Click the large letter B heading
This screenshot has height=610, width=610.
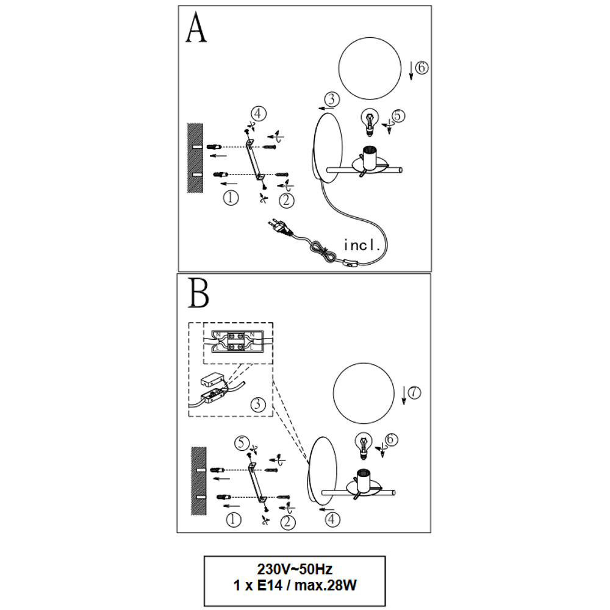click(x=198, y=293)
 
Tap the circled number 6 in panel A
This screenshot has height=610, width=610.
click(x=422, y=68)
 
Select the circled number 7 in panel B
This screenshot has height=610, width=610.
click(x=414, y=392)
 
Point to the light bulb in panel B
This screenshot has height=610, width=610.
click(x=364, y=446)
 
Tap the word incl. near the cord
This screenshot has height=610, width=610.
click(x=361, y=245)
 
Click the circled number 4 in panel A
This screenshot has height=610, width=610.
click(x=258, y=114)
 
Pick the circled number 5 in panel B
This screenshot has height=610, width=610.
click(x=242, y=443)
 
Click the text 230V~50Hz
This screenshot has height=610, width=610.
click(x=295, y=569)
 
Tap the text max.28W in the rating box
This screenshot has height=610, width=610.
click(x=325, y=585)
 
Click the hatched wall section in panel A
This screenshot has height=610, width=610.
click(x=195, y=157)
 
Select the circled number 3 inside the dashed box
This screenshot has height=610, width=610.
click(x=257, y=404)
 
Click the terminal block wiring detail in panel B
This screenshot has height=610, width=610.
click(x=237, y=341)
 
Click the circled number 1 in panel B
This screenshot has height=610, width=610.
click(x=234, y=520)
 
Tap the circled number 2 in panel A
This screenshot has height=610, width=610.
click(x=287, y=201)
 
